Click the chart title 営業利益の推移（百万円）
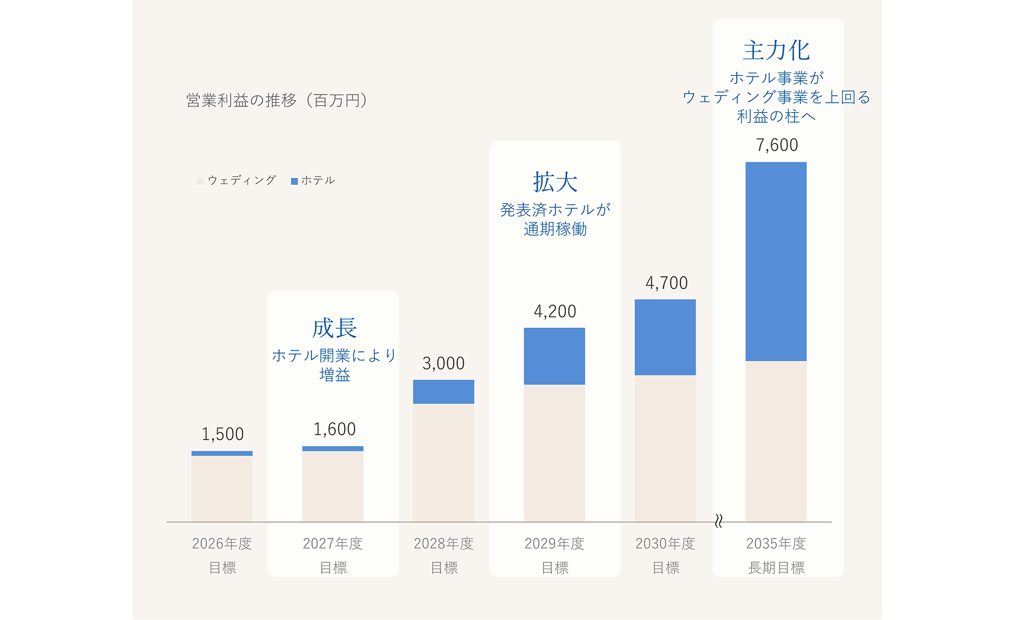coord(278,100)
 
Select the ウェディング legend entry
coord(237,181)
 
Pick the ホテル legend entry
coord(313,181)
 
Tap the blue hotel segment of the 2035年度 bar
coord(776,261)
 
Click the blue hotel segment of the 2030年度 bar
coord(665,337)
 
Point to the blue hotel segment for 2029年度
coord(554,356)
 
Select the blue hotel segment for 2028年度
coord(444,392)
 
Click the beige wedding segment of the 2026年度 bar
coord(222,488)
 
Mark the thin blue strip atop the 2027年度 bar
coord(333,449)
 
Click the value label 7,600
coord(777,145)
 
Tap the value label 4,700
coord(667,283)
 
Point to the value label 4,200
coord(555,312)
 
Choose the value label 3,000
coord(444,364)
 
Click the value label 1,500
coord(222,434)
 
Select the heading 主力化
coord(777,50)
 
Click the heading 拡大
coord(555,182)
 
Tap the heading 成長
coord(335,328)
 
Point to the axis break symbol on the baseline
coord(719,521)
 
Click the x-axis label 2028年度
coord(444,544)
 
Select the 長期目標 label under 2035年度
coord(776,567)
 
